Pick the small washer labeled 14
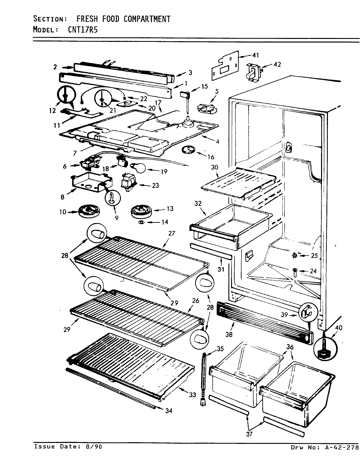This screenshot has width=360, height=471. coord(141,222)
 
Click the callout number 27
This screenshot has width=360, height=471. coord(172,234)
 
